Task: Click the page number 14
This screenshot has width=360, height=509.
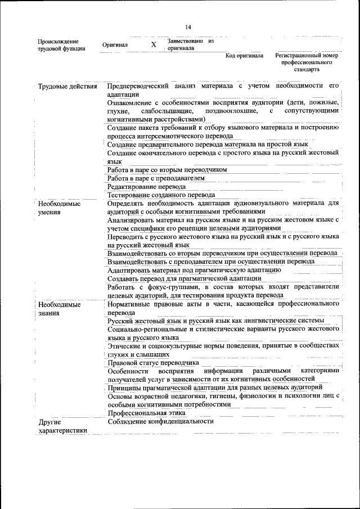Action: click(188, 28)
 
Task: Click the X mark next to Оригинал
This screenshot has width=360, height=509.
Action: click(154, 44)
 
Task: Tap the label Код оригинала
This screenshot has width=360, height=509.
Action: click(244, 56)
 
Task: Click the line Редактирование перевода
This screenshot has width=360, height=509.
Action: click(146, 186)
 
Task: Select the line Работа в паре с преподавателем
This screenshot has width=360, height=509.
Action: click(156, 178)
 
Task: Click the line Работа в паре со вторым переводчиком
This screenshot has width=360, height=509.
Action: click(167, 169)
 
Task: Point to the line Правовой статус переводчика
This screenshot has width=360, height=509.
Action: click(153, 363)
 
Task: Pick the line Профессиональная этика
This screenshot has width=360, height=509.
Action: click(146, 413)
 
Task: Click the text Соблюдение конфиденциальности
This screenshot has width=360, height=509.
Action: click(161, 421)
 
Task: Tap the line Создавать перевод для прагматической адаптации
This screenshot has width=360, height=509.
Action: click(184, 278)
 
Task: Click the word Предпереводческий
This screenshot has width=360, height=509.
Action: click(138, 86)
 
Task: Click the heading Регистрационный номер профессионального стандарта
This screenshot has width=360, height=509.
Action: click(306, 62)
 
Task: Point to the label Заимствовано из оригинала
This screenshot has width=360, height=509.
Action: click(191, 44)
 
